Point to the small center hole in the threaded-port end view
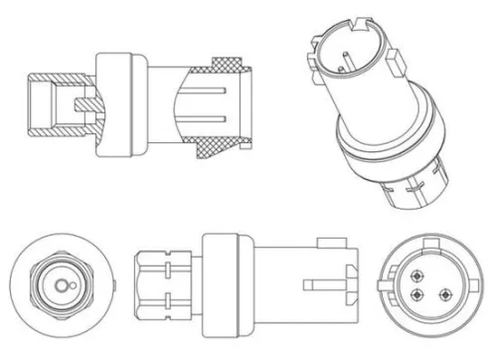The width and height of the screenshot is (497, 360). click(x=61, y=285)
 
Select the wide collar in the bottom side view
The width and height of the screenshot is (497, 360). click(x=224, y=283)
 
